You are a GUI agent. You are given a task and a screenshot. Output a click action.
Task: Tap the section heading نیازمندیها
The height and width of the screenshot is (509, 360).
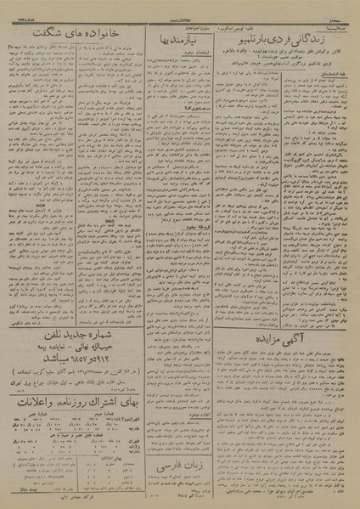tap(181, 42)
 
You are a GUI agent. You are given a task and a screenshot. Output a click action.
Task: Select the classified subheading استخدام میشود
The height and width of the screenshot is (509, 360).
tap(181, 61)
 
